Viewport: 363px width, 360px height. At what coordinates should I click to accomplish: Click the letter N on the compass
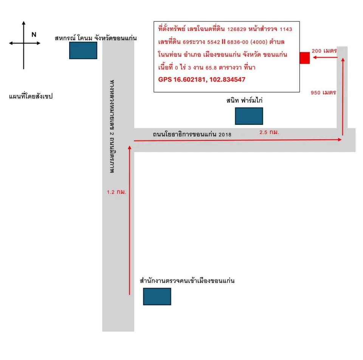pos(34,34)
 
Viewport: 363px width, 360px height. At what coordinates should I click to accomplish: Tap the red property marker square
pos(305,58)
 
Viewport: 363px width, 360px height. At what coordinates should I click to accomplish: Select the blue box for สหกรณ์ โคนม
pos(83,50)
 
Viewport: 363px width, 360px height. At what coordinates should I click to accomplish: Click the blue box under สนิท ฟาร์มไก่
pos(249,116)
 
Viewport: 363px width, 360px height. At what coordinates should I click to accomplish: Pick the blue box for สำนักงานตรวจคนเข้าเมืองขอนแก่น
pos(157,296)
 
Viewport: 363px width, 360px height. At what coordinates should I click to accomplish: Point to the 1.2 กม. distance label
pos(116,192)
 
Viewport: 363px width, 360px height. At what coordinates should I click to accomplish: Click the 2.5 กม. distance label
pos(269,132)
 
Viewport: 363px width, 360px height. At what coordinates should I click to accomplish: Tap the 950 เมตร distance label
pos(323,92)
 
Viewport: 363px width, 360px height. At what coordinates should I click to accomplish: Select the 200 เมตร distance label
pos(324,51)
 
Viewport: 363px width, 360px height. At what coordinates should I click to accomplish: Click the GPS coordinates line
pos(202,79)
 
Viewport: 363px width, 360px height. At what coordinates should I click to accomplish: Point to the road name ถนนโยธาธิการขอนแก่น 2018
pos(192,134)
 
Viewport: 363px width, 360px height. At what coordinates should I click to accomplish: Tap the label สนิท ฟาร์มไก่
pos(245,100)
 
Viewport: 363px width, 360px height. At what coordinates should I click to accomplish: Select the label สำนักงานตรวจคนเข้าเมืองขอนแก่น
pos(187,281)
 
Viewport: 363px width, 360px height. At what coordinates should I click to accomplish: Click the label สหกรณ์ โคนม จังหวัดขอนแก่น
pos(96,38)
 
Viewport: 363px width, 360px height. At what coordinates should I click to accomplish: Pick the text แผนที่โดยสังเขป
pos(31,96)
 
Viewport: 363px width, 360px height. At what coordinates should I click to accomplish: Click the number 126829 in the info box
pos(237,29)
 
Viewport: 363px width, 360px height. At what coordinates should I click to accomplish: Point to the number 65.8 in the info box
pos(211,68)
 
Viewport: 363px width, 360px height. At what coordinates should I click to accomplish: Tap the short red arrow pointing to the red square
pos(325,57)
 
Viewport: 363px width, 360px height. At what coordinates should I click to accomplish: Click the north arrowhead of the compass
pos(23,23)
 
